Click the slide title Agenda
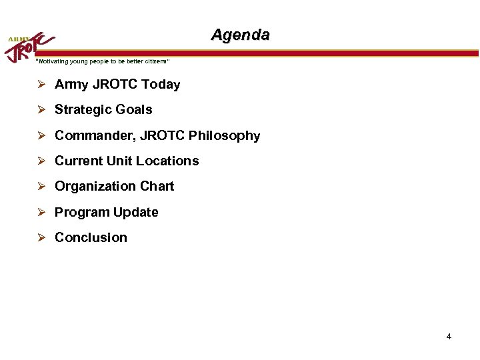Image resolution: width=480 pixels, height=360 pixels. point(240,35)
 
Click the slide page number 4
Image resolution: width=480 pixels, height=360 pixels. point(449,337)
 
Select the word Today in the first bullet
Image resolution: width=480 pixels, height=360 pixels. point(161,85)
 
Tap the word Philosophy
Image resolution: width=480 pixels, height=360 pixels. point(225,136)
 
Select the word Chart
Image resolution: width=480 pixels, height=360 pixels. point(157,187)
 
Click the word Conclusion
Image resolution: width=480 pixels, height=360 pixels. point(91,238)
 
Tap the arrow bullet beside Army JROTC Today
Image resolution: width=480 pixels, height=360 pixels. point(41,85)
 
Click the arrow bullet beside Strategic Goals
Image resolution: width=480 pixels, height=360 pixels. point(41,110)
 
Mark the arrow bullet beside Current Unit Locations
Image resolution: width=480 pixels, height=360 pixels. point(41,161)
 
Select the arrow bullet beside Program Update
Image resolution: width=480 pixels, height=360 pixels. point(41,213)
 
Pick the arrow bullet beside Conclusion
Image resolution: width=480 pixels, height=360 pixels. point(41,238)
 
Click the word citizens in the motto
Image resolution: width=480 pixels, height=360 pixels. point(156,61)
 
